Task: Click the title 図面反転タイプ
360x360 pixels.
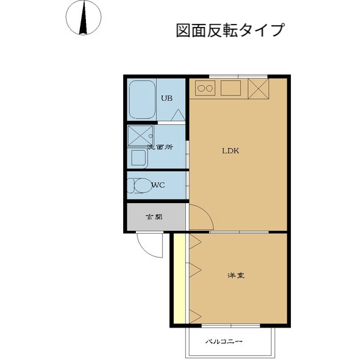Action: click(x=230, y=30)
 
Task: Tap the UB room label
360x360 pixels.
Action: click(x=167, y=99)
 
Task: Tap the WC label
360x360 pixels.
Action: click(x=159, y=185)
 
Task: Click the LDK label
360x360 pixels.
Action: click(x=231, y=151)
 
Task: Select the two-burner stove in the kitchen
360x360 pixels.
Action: click(x=205, y=88)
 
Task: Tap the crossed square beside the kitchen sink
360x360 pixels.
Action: click(x=258, y=88)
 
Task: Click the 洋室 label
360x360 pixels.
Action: click(x=236, y=276)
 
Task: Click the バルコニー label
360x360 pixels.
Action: click(x=224, y=341)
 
